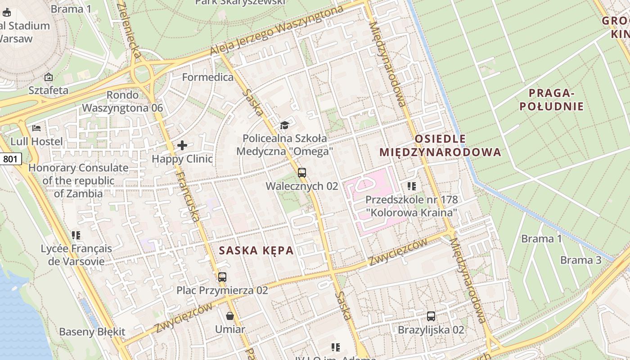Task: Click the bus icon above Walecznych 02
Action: coord(302,173)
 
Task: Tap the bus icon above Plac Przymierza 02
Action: coord(222,277)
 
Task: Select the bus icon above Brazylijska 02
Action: coord(431,316)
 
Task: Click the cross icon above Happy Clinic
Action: coord(182,145)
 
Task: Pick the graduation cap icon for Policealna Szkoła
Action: coord(284,125)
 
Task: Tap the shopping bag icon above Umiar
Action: coord(230,316)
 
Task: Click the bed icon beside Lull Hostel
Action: coord(37,128)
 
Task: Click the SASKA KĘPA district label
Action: coord(256,251)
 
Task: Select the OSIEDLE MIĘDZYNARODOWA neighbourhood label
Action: coord(440,145)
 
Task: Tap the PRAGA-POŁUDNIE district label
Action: coord(551,100)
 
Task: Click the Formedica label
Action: coord(208,77)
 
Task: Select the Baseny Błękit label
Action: coord(92,332)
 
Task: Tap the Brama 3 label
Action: coord(580,260)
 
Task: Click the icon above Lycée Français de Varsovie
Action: coord(76,235)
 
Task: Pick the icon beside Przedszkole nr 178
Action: coord(411,186)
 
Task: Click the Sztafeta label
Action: coord(49,90)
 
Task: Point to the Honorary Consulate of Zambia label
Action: coord(78,181)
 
